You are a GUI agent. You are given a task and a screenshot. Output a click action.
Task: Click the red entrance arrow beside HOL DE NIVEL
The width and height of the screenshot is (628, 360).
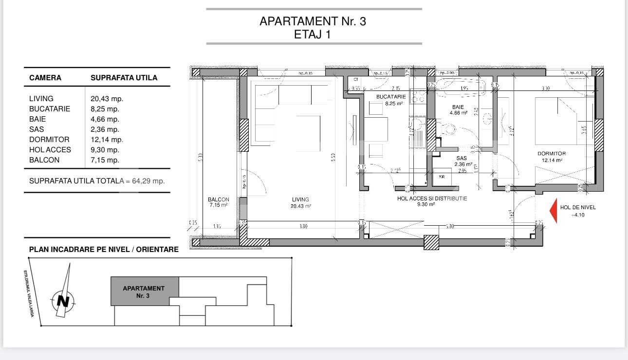(554, 211)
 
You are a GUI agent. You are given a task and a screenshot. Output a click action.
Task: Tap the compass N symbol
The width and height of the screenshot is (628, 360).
(63, 301)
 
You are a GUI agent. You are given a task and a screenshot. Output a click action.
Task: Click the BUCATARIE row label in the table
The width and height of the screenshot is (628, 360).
(50, 109)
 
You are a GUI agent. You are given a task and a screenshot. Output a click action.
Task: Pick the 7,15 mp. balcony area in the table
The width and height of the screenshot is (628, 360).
(105, 160)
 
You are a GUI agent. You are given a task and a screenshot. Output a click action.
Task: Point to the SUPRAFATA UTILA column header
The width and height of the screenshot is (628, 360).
(124, 78)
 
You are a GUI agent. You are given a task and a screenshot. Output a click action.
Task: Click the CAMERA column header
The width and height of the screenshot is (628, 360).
(45, 78)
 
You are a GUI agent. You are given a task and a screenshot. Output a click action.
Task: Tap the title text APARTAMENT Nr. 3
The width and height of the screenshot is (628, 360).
(313, 21)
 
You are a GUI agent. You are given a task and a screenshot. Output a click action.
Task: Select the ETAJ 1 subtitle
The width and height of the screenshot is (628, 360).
(313, 35)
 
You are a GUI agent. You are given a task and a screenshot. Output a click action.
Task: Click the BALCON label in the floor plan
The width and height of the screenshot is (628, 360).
(218, 199)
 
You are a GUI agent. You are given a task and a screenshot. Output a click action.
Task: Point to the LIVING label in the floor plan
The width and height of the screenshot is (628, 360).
(300, 199)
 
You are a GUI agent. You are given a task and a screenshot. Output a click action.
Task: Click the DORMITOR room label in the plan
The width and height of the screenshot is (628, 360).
(552, 154)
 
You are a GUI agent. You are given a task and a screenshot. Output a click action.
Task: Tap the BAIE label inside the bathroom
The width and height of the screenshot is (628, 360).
(458, 107)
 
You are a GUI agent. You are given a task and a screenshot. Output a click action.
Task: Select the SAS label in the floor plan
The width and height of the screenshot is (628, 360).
(462, 159)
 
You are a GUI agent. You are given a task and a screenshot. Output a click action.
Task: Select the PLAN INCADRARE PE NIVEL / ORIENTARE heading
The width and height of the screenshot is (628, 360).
(104, 250)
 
